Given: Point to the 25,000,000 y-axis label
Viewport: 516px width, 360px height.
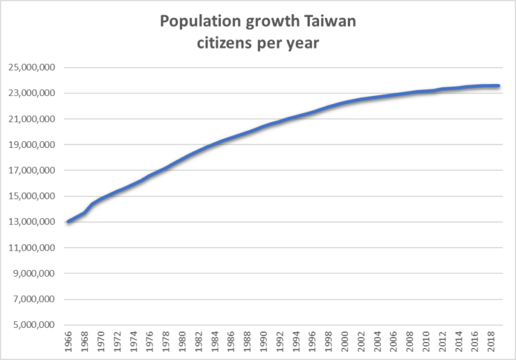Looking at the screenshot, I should click(x=33, y=68).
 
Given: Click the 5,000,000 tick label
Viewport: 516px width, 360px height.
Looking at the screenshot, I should click(x=35, y=326).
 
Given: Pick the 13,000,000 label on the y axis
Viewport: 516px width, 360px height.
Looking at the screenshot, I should click(x=33, y=222).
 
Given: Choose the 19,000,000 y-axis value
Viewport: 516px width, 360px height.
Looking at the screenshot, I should click(x=33, y=145).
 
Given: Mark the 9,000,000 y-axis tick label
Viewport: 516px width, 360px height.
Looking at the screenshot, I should click(x=35, y=274).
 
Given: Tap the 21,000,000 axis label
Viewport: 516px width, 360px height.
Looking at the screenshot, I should click(x=33, y=120).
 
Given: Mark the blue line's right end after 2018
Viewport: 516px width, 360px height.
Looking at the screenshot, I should click(x=498, y=86).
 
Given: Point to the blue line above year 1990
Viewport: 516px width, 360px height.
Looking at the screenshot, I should click(x=263, y=126).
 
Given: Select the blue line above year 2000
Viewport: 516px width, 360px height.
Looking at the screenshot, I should click(x=345, y=103).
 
